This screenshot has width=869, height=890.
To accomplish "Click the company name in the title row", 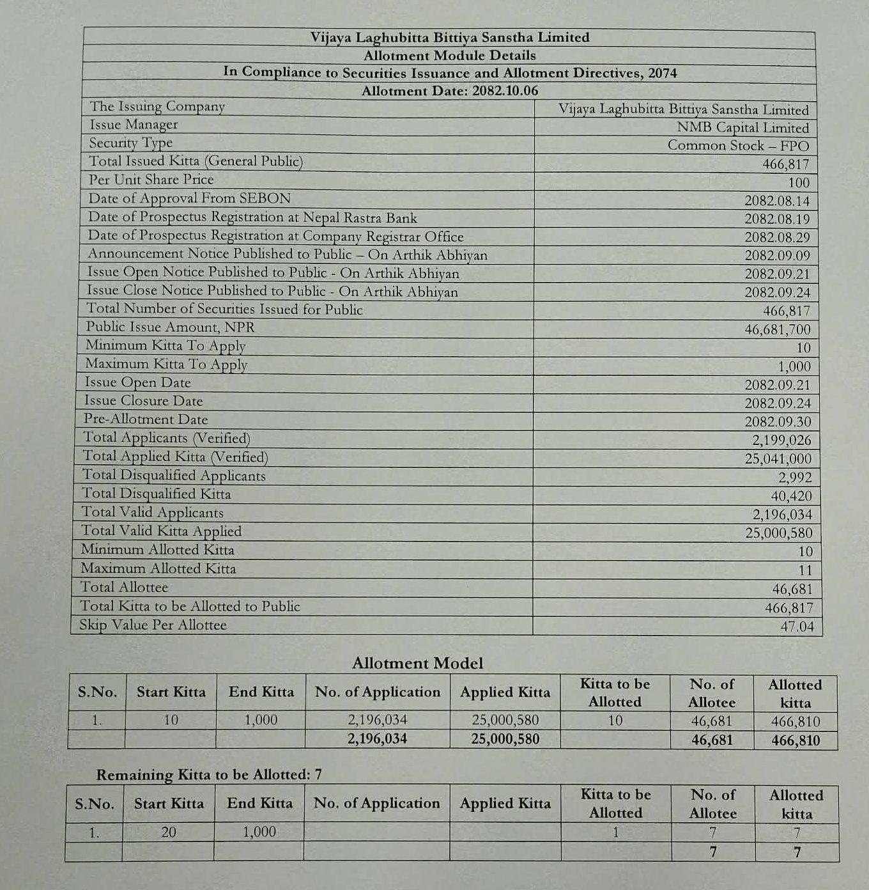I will click(x=450, y=38).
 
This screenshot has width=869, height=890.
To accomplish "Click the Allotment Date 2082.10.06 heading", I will click(x=450, y=91).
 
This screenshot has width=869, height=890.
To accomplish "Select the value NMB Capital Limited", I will click(x=742, y=128).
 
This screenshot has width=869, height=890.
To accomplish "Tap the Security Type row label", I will click(x=131, y=143).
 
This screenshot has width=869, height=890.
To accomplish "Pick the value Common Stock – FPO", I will click(x=738, y=146).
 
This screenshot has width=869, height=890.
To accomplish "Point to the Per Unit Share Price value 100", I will click(x=799, y=183).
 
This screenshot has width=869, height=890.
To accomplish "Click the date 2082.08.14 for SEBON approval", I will click(x=777, y=201).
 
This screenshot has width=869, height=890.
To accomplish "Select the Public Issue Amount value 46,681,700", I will click(x=777, y=330).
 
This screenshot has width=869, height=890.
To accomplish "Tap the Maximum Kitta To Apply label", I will click(x=166, y=364).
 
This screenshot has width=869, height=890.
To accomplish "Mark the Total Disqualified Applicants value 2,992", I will click(x=795, y=478).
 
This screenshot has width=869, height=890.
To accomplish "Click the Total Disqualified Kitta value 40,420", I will click(x=791, y=496).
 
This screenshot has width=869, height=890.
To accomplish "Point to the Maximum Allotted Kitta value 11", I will click(x=805, y=570).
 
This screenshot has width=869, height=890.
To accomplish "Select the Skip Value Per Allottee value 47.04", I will click(x=797, y=627).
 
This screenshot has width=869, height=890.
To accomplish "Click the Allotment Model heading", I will click(x=417, y=663).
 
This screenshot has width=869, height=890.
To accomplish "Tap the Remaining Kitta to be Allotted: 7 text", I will click(x=209, y=775).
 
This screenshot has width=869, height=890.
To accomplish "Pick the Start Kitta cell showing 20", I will click(x=169, y=832).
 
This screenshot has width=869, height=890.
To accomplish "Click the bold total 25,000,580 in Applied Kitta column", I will click(x=505, y=740).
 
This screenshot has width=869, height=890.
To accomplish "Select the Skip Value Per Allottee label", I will click(x=153, y=625).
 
